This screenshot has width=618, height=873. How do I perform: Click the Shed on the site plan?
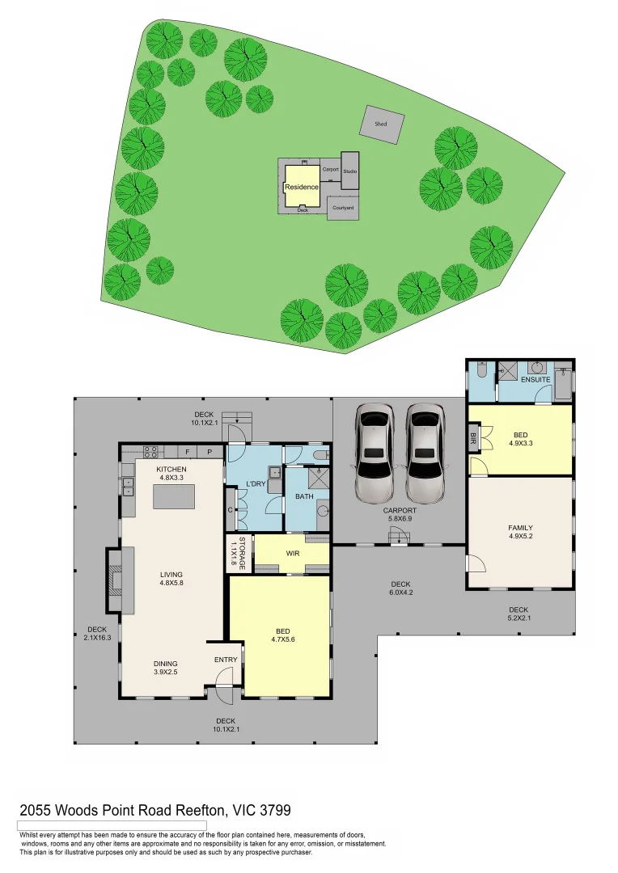[381, 124]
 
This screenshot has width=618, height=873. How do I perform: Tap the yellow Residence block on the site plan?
[301, 186]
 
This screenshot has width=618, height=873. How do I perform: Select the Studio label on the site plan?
[349, 171]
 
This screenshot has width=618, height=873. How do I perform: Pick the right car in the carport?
[425, 453]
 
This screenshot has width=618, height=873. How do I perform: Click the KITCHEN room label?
[171, 470]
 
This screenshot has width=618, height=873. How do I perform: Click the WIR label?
[293, 554]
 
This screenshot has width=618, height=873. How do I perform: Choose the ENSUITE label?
[535, 379]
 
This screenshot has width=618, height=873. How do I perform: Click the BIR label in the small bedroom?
[473, 439]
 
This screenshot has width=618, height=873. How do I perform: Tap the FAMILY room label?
[520, 529]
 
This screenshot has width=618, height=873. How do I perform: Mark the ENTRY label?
[226, 660]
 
